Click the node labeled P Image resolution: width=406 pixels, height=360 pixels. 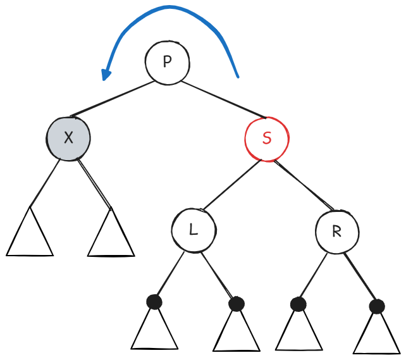pyautogui.click(x=167, y=62)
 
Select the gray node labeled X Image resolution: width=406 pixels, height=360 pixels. pyautogui.click(x=68, y=138)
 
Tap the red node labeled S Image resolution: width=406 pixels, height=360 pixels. pyautogui.click(x=267, y=139)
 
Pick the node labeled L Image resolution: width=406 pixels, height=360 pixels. pyautogui.click(x=194, y=230)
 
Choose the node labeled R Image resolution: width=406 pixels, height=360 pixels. pyautogui.click(x=336, y=232)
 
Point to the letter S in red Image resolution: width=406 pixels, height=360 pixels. pyautogui.click(x=267, y=139)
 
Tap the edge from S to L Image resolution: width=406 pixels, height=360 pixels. pyautogui.click(x=229, y=187)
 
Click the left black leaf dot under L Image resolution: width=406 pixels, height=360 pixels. pyautogui.click(x=154, y=302)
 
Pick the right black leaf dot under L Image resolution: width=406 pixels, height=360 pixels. pyautogui.click(x=237, y=304)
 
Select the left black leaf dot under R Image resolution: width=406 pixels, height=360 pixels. pyautogui.click(x=298, y=304)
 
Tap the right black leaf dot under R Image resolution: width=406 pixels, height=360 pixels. pyautogui.click(x=377, y=306)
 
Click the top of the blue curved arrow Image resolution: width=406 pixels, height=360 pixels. pyautogui.click(x=169, y=8)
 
